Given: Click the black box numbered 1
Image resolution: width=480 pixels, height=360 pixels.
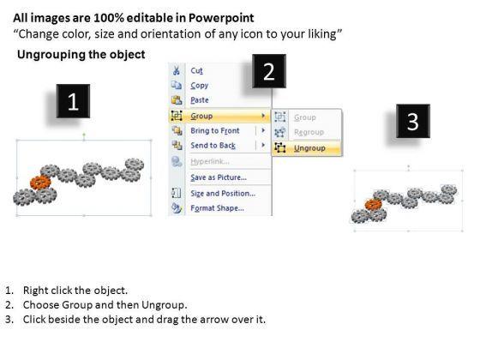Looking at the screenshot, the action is [x=73, y=101].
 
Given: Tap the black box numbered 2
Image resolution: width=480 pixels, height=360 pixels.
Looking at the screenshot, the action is [x=269, y=71].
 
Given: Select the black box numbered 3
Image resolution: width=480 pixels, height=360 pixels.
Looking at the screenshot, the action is [x=413, y=121].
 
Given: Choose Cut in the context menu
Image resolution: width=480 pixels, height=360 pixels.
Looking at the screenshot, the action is [x=196, y=70].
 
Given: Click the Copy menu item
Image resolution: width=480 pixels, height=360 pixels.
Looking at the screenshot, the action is [x=199, y=86].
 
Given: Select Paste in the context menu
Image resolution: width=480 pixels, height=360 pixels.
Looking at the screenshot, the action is [x=200, y=100].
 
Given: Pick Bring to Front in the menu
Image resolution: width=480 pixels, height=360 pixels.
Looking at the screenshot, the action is [x=215, y=130].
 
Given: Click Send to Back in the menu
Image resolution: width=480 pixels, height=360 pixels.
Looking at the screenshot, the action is [x=213, y=146].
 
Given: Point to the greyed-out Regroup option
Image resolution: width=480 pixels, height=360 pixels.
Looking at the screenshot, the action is [x=309, y=132].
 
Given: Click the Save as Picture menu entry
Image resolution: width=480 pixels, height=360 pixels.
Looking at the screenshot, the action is [x=219, y=177].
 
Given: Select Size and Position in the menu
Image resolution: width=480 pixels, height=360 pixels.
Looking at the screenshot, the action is [x=223, y=194].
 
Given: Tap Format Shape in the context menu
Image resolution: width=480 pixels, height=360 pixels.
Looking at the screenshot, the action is [x=218, y=208].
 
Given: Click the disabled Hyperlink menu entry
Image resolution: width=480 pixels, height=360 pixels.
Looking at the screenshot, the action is [x=210, y=161].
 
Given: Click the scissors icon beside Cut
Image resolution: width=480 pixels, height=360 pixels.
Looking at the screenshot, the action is [x=177, y=70].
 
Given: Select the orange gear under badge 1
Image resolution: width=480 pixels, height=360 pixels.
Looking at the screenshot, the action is [x=40, y=183].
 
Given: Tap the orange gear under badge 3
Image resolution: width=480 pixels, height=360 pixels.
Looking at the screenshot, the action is [x=374, y=205].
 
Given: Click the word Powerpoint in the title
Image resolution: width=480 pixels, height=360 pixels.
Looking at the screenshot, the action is [x=221, y=18].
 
